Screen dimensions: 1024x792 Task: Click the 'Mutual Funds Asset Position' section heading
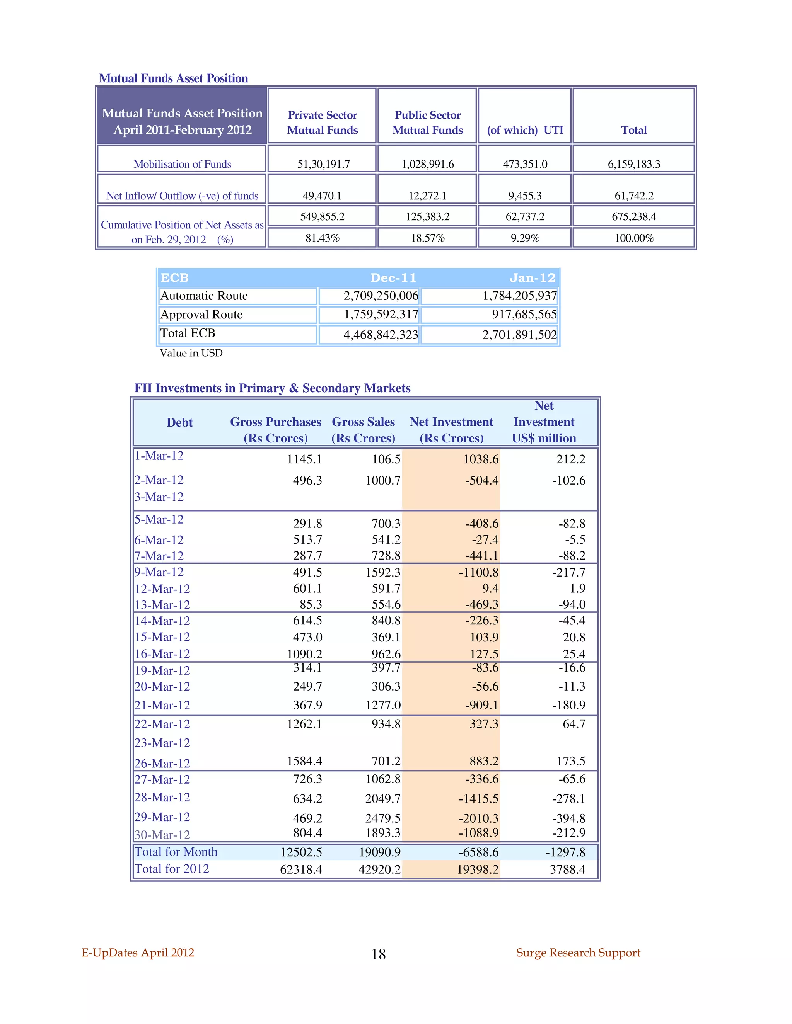(x=173, y=78)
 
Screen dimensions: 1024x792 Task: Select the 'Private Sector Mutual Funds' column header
(x=323, y=122)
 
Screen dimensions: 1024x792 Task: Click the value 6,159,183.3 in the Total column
(x=633, y=164)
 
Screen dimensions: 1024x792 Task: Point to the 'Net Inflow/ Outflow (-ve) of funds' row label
(x=182, y=196)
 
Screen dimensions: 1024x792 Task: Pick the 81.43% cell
(x=323, y=238)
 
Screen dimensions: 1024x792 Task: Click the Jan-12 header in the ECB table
(x=532, y=278)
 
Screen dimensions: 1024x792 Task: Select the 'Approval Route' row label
(x=202, y=315)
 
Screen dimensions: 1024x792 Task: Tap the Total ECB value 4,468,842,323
(x=381, y=335)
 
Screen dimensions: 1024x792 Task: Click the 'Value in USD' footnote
(x=191, y=353)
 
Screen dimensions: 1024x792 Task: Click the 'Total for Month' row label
(x=176, y=852)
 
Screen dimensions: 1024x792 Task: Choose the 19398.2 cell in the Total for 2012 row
(x=478, y=870)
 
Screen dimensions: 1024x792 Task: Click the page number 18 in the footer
(x=378, y=954)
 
